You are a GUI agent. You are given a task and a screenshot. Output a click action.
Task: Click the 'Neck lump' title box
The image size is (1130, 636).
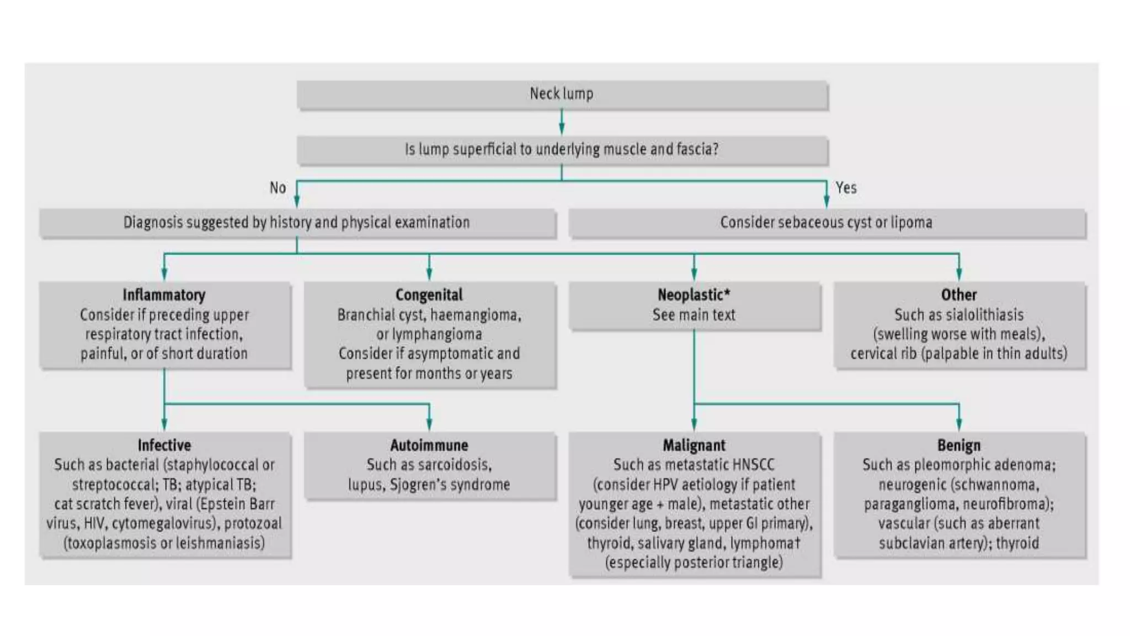(562, 94)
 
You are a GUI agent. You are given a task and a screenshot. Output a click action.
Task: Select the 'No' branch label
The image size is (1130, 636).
(278, 188)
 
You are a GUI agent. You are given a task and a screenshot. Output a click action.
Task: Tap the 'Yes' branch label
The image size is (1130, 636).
(846, 188)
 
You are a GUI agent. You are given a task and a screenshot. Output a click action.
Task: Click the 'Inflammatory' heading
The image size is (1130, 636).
(164, 295)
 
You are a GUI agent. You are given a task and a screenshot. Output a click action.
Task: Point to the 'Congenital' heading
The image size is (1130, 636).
(429, 295)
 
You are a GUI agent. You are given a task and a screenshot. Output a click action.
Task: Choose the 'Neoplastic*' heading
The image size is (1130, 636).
(694, 295)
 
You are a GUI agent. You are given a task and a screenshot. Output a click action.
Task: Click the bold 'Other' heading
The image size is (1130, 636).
(958, 295)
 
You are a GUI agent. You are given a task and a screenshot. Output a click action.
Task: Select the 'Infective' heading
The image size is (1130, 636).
(164, 445)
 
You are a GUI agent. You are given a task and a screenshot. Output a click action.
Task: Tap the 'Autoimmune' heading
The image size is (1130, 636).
(429, 445)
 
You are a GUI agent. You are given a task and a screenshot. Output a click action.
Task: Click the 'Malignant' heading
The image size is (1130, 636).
(694, 445)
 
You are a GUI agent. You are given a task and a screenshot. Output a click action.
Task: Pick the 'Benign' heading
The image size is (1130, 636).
(958, 445)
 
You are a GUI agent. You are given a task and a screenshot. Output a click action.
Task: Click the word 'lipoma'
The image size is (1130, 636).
(911, 222)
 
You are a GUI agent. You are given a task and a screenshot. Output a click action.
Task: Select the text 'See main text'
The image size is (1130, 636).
(694, 315)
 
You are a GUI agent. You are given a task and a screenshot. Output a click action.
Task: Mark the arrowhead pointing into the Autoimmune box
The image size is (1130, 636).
(429, 425)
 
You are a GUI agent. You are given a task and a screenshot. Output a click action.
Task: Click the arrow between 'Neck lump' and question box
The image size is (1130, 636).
(562, 123)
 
